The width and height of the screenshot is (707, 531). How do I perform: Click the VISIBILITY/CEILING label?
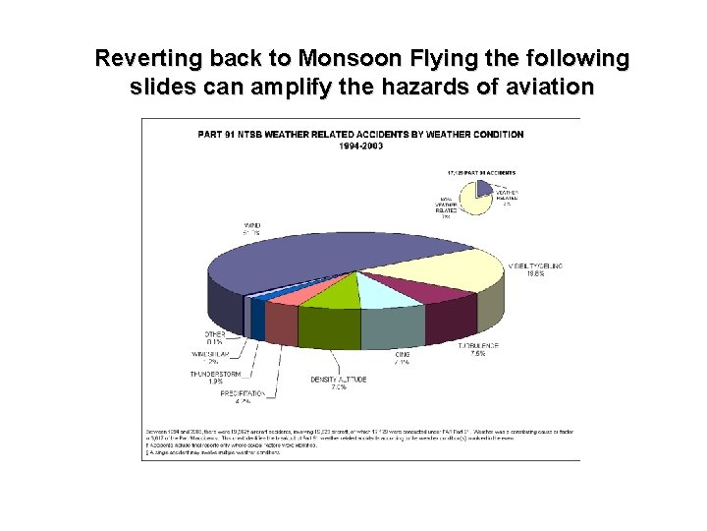[535, 268]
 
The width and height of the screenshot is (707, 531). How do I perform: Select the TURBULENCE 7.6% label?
[478, 351]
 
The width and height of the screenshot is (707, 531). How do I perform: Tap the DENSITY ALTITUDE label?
[340, 383]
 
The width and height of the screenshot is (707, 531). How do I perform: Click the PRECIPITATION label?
[236, 395]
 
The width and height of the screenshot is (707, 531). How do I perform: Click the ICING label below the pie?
[402, 357]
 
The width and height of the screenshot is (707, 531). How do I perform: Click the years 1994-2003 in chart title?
[361, 147]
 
